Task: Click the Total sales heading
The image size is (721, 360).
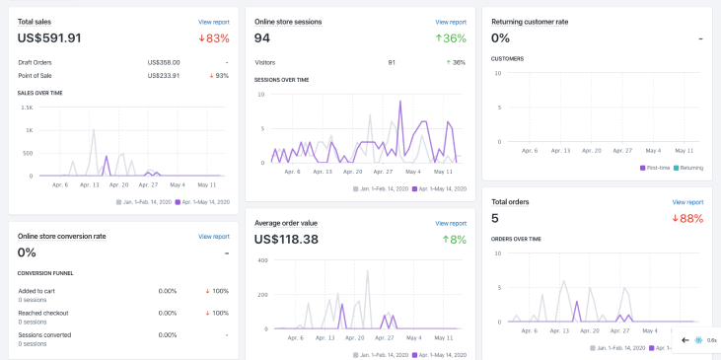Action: pos(36,21)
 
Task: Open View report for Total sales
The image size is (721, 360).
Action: pos(213,21)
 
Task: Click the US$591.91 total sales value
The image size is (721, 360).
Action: pos(49,38)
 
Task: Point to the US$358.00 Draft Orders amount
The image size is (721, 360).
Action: pos(164,62)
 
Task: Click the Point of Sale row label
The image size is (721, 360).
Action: pos(36,75)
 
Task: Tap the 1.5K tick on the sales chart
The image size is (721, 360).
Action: pos(27,107)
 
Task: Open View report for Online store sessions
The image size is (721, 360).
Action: pos(451,21)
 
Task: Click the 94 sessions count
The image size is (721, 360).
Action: pos(262,38)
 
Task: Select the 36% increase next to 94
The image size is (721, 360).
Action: pos(451,38)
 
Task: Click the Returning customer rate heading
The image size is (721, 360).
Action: pos(530,21)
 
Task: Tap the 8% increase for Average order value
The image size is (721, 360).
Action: pos(454,239)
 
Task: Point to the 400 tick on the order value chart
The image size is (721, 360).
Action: pos(262,260)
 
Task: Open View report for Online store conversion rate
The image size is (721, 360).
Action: pos(213,237)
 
